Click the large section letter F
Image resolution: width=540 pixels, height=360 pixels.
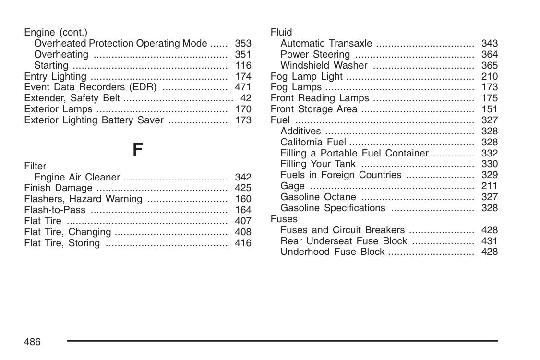tap(137, 150)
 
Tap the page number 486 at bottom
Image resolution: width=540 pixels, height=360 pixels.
tap(33, 342)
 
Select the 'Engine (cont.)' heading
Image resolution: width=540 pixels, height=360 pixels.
tap(56, 32)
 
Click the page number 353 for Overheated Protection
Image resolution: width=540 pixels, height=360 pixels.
tap(243, 43)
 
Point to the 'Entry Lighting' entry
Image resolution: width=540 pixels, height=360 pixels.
tap(55, 76)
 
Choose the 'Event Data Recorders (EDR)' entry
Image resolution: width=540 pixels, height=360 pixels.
tap(90, 87)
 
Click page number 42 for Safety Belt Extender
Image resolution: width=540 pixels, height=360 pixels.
tap(246, 98)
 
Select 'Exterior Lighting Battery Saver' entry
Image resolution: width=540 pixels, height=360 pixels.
tap(94, 120)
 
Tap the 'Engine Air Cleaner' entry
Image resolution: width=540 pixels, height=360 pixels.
tap(77, 177)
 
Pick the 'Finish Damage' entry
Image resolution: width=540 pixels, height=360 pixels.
tap(58, 188)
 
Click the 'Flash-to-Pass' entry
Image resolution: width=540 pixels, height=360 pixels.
tap(55, 210)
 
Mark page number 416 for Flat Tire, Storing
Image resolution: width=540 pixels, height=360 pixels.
tap(243, 243)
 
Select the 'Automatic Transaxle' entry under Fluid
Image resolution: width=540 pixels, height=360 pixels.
tap(326, 43)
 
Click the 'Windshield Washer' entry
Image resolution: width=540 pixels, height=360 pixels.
tap(324, 65)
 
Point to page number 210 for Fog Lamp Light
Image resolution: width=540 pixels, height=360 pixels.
tap(490, 76)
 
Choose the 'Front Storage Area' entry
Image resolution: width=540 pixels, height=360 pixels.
tap(314, 109)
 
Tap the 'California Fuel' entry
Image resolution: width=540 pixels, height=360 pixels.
tap(313, 142)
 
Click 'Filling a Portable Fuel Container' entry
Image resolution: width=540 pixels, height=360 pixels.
tap(354, 153)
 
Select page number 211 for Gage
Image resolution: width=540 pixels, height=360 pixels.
tap(490, 186)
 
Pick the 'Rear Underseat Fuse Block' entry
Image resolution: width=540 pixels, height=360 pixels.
tap(344, 241)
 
